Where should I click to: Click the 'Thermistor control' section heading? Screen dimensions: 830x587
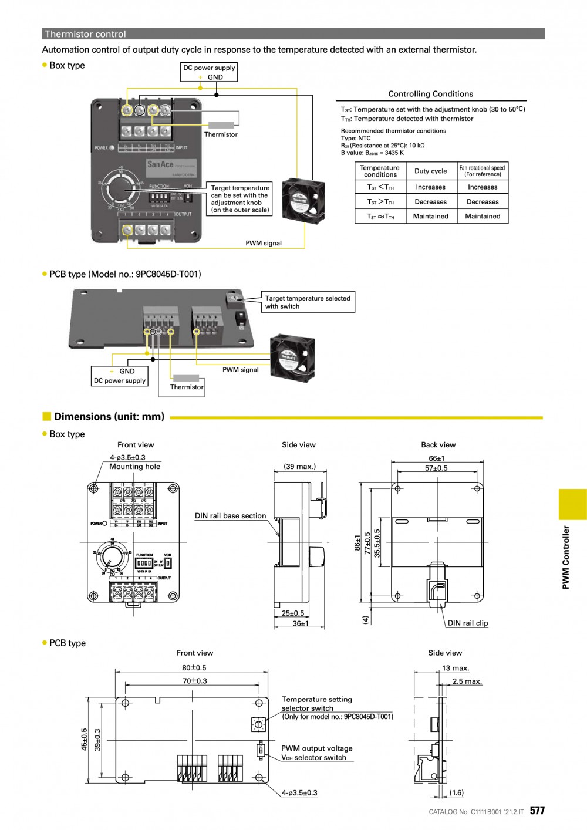pyautogui.click(x=86, y=34)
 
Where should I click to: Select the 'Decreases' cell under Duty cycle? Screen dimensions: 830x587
pyautogui.click(x=430, y=201)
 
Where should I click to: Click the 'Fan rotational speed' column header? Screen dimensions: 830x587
pyautogui.click(x=482, y=171)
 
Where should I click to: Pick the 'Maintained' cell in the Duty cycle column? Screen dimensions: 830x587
pyautogui.click(x=430, y=216)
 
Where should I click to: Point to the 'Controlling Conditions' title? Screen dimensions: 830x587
pyautogui.click(x=430, y=94)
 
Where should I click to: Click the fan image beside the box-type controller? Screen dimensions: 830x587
pyautogui.click(x=303, y=200)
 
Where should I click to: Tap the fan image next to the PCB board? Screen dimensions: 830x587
pyautogui.click(x=292, y=357)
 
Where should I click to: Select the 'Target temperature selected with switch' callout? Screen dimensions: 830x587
pyautogui.click(x=308, y=302)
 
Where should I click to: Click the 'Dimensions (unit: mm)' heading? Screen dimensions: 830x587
pyautogui.click(x=109, y=417)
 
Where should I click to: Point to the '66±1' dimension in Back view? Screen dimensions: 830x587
pyautogui.click(x=437, y=458)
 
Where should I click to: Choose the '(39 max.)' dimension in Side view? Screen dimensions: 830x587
pyautogui.click(x=299, y=467)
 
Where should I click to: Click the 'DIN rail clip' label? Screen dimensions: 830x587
pyautogui.click(x=468, y=623)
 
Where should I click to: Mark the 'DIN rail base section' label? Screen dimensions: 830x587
pyautogui.click(x=230, y=516)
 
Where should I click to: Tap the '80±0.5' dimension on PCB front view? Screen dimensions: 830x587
pyautogui.click(x=194, y=667)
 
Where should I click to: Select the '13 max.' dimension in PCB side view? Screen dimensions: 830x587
pyautogui.click(x=456, y=668)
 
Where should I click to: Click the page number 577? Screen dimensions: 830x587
pyautogui.click(x=537, y=811)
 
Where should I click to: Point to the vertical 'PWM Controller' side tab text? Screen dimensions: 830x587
pyautogui.click(x=566, y=557)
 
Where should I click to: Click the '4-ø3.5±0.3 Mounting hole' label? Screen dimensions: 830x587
pyautogui.click(x=134, y=462)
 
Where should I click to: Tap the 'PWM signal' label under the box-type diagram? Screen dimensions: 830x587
pyautogui.click(x=264, y=243)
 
